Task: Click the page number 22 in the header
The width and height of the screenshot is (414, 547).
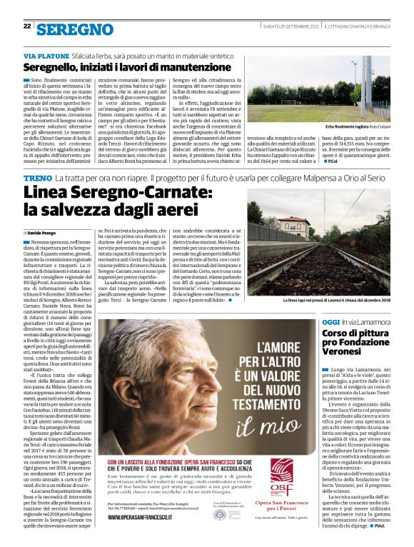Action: click(27, 26)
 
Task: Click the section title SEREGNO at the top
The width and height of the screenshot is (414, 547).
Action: click(75, 29)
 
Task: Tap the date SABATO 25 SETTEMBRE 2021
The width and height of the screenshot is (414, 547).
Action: click(289, 26)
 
